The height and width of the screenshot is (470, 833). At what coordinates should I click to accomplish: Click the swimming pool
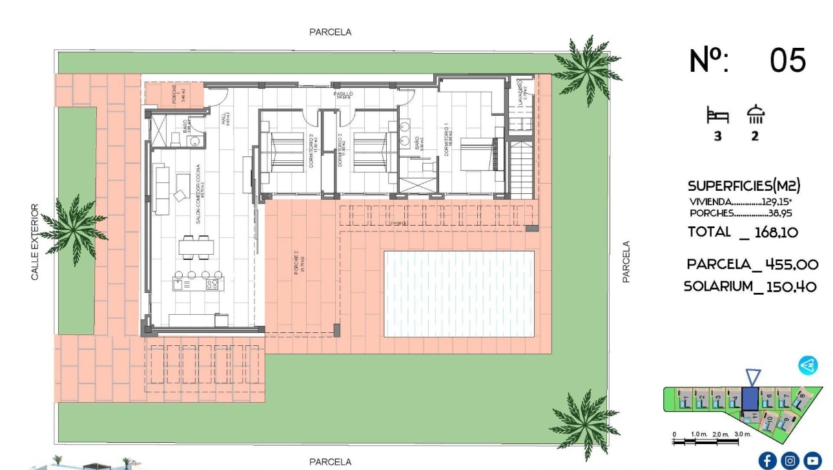[x=459, y=294]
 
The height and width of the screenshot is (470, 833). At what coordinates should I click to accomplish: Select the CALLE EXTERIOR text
[x=35, y=242]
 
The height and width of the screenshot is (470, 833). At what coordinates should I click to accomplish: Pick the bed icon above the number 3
[x=717, y=116]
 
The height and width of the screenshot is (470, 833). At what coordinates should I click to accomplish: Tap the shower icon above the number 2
[x=756, y=115]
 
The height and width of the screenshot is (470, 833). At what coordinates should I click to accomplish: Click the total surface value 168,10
[x=777, y=232]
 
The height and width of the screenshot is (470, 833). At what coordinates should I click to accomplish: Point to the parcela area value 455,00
[x=791, y=264]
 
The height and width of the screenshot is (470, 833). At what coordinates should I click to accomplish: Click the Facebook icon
[x=767, y=460]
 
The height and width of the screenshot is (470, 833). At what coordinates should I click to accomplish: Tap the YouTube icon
[x=812, y=460]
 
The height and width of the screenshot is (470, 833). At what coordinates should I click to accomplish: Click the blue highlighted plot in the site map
[x=750, y=398]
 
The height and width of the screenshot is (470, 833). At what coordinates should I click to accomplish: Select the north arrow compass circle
[x=808, y=365]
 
